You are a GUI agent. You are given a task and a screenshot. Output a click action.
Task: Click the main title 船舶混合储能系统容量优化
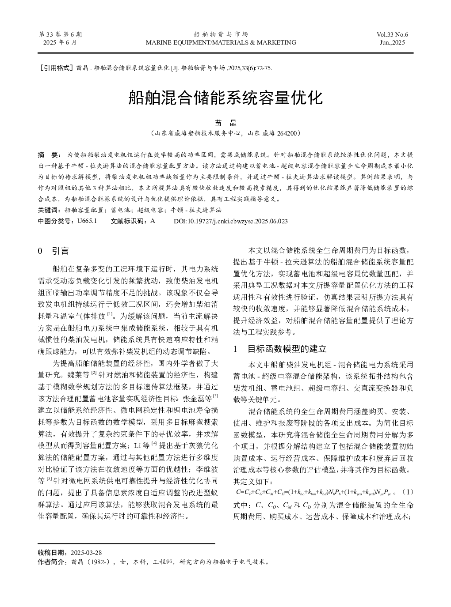pos(225,98)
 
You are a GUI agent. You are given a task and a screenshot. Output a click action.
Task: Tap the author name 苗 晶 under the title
pos(225,123)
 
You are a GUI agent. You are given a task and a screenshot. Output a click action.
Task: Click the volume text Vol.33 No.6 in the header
pos(392,34)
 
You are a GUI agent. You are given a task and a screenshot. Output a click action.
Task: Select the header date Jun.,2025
pos(392,42)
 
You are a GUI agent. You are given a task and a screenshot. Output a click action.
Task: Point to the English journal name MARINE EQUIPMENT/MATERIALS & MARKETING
pos(221,42)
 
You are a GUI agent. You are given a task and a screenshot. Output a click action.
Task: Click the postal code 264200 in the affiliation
pos(288,132)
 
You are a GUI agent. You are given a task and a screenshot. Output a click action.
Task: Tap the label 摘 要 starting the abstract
pos(49,155)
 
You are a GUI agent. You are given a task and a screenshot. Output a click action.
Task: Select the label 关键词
pos(49,210)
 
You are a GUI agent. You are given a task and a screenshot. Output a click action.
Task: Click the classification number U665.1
pos(87,221)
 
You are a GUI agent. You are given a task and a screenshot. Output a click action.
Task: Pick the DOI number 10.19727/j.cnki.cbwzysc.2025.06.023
pos(237,221)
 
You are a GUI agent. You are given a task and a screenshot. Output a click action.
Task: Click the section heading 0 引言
pos(54,251)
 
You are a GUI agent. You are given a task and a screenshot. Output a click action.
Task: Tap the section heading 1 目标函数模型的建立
pos(280,349)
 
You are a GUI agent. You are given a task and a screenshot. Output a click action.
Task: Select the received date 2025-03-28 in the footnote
pos(86,552)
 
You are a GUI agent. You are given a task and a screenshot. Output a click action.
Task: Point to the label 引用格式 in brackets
pos(56,68)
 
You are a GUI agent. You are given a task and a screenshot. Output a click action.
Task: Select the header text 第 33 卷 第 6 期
pos(61,34)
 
